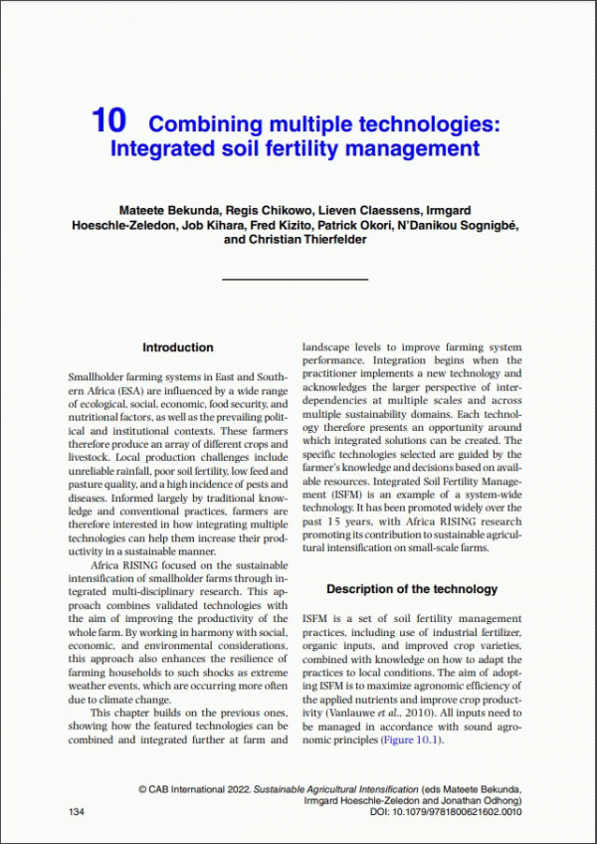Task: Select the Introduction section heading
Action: click(x=177, y=347)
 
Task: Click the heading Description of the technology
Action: click(x=412, y=589)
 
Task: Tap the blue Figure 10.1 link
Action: click(x=408, y=740)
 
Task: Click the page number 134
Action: click(x=76, y=814)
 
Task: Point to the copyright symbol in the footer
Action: click(x=143, y=788)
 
